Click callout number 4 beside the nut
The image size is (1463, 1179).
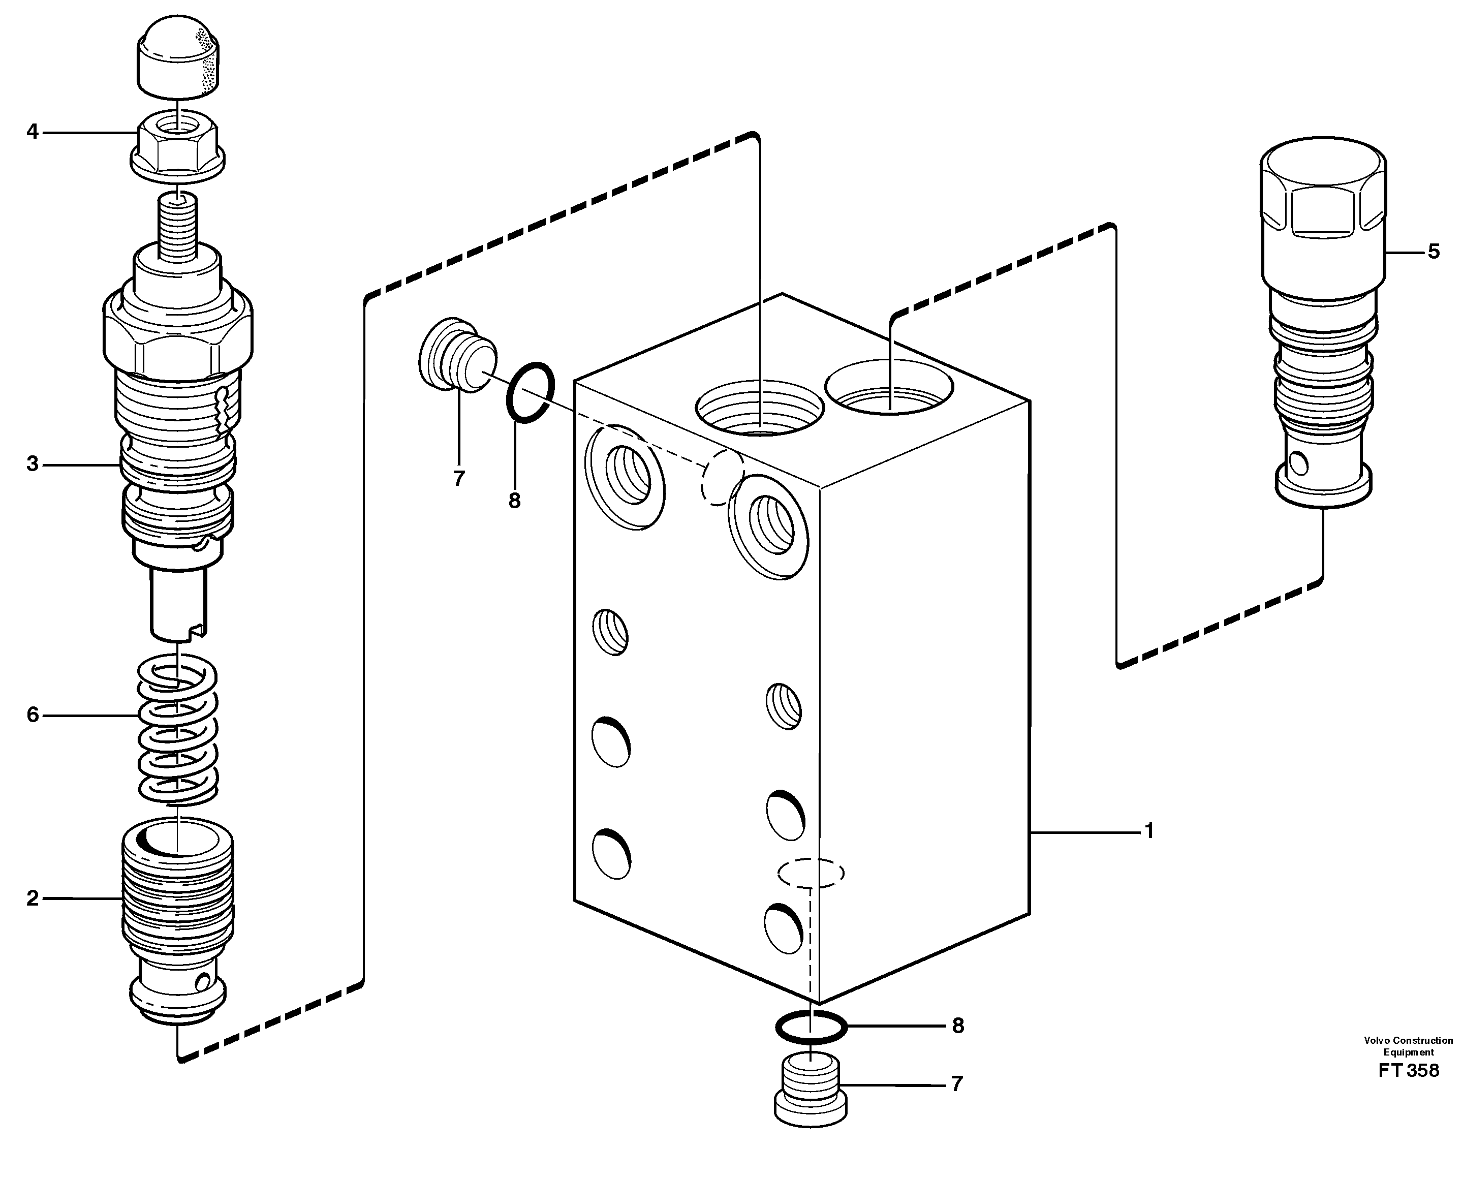click(33, 131)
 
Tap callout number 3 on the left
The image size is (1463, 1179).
click(33, 464)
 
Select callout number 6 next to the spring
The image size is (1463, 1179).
click(33, 715)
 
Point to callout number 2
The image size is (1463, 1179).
click(33, 898)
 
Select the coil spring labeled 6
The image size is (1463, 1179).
click(178, 730)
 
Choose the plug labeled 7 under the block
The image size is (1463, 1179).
click(811, 1090)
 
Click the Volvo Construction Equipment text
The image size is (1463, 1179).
click(1408, 1046)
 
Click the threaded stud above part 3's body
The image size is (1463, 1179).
click(177, 224)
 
